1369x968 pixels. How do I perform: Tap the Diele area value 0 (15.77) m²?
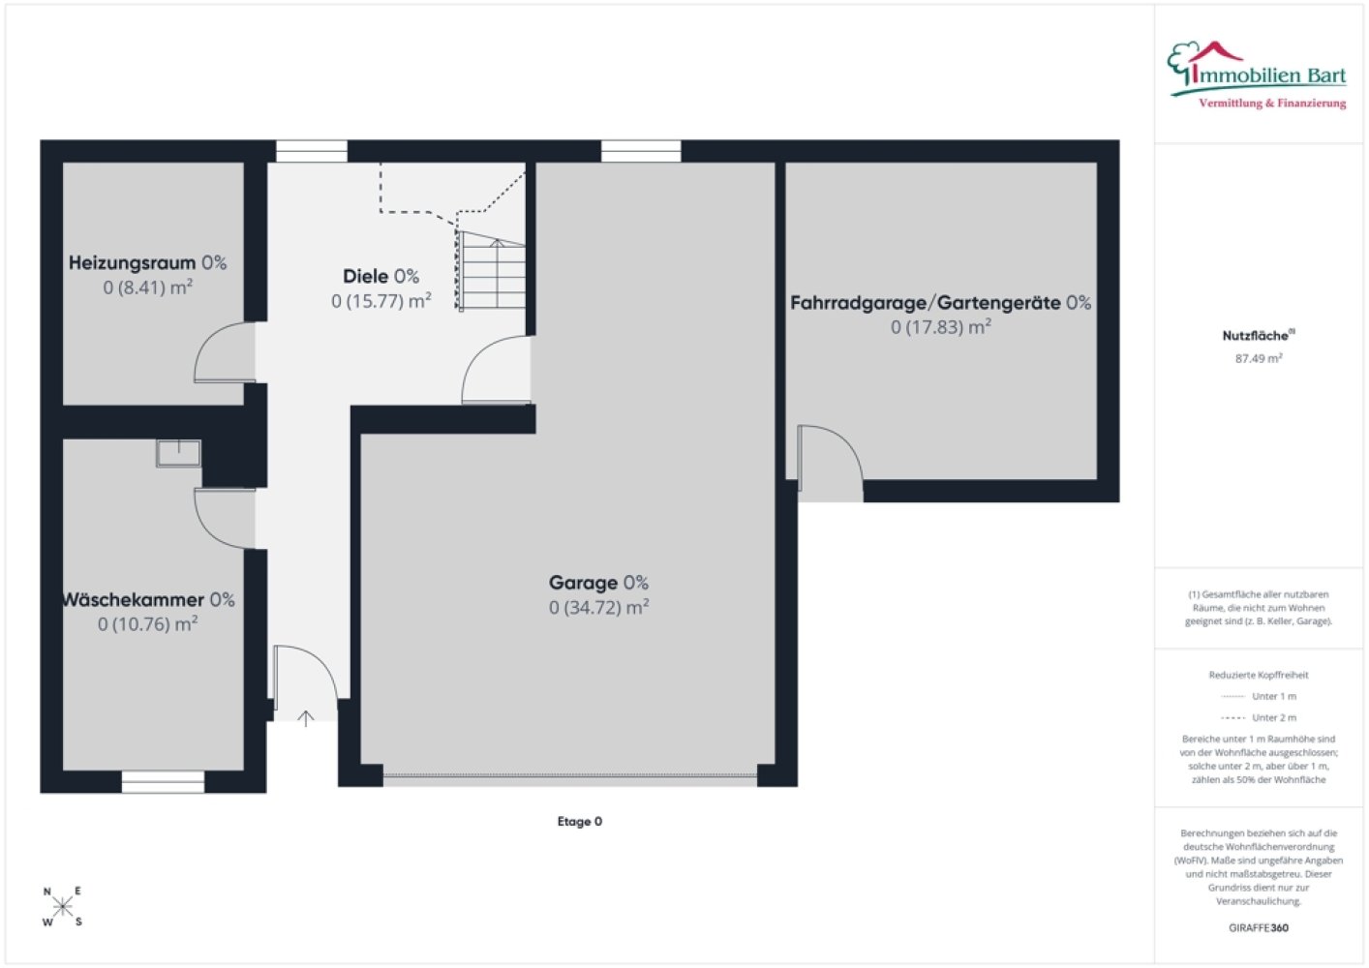pyautogui.click(x=381, y=301)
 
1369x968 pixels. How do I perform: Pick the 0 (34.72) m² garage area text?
pyautogui.click(x=599, y=607)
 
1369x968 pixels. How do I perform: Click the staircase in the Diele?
pyautogui.click(x=491, y=271)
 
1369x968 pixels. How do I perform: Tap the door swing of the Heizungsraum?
pyautogui.click(x=225, y=352)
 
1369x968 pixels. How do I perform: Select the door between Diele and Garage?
pyautogui.click(x=496, y=370)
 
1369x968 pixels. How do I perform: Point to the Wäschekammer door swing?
pyautogui.click(x=225, y=518)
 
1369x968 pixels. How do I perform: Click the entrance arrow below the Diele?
pyautogui.click(x=306, y=718)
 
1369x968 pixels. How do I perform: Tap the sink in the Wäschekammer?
pyautogui.click(x=178, y=453)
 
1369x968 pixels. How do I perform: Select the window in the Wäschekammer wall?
pyautogui.click(x=163, y=781)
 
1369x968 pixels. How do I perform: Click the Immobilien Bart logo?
pyautogui.click(x=1257, y=76)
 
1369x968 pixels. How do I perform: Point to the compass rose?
pyautogui.click(x=62, y=906)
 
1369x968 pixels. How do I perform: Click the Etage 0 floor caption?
pyautogui.click(x=579, y=821)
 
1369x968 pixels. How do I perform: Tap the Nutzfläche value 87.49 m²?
pyautogui.click(x=1259, y=358)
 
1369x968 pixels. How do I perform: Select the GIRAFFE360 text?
pyautogui.click(x=1259, y=927)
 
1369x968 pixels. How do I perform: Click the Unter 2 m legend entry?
pyautogui.click(x=1259, y=717)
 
